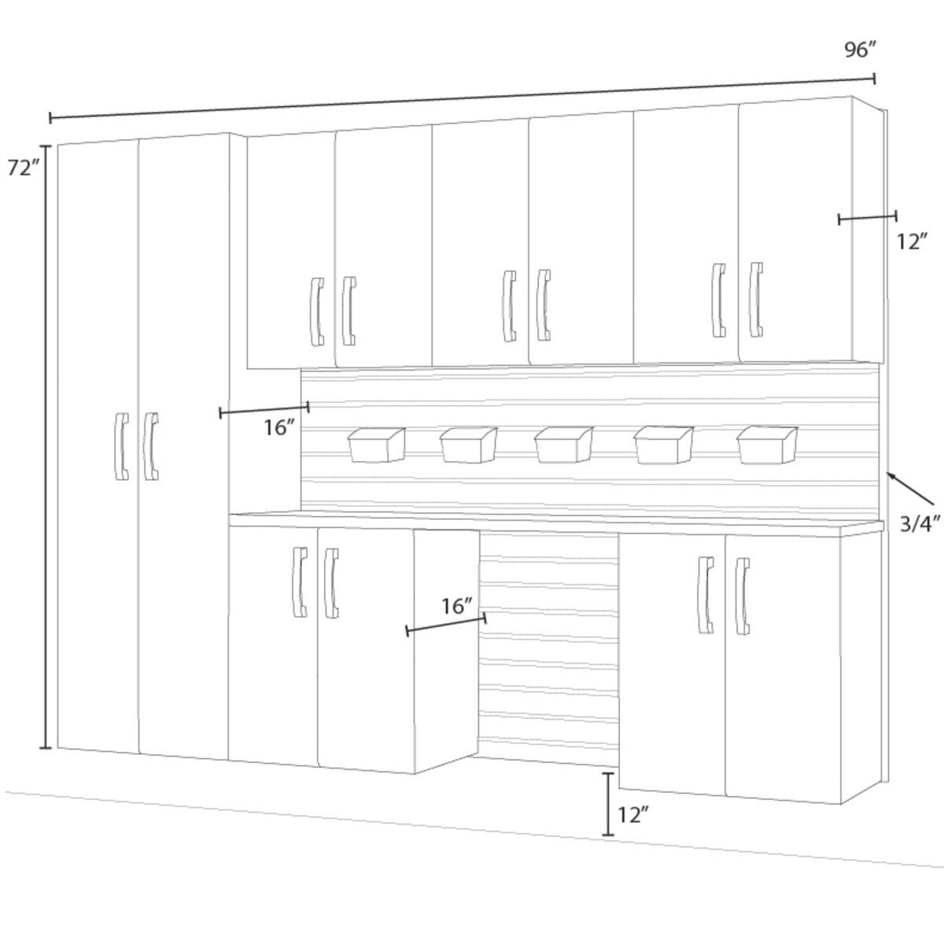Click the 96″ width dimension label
pos(860,50)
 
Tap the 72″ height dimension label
pos(23,168)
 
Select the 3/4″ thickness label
pos(920,525)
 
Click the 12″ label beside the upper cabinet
pos(913,242)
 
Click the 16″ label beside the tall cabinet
pos(279,428)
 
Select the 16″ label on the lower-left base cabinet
pos(457,607)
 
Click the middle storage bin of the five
pos(563,444)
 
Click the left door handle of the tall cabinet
pos(120,446)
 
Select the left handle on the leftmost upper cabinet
pos(317,312)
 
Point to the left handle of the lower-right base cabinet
pos(706,595)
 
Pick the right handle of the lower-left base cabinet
pos(331,583)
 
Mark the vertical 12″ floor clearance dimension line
pos(608,803)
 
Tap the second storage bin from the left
pos(469,444)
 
